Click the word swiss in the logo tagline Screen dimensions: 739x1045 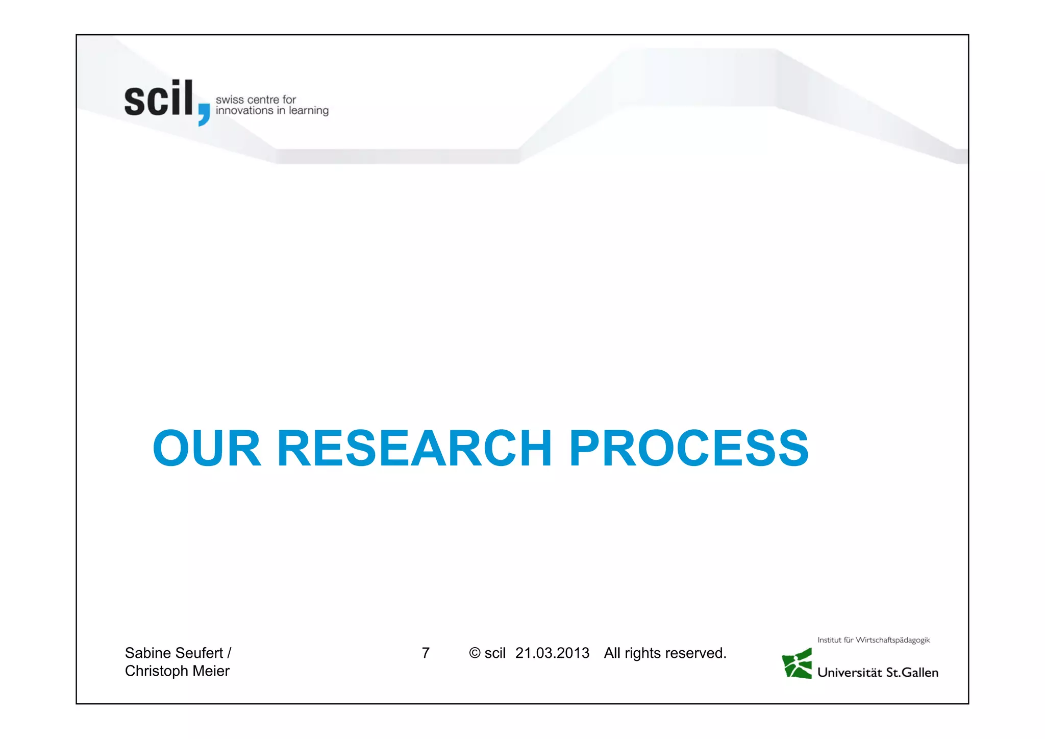coord(230,100)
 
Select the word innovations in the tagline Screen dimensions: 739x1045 coord(244,111)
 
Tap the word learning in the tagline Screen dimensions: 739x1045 coord(308,111)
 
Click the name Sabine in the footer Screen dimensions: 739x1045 coord(148,653)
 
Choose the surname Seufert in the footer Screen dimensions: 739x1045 coord(200,653)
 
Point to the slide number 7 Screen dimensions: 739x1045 coord(426,653)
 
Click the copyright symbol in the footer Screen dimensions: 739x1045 coord(475,653)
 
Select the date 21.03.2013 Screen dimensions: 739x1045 coord(552,653)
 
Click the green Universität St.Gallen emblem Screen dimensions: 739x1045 coord(797,663)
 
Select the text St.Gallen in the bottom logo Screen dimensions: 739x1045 coord(912,673)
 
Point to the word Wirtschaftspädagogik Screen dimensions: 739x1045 coord(892,640)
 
